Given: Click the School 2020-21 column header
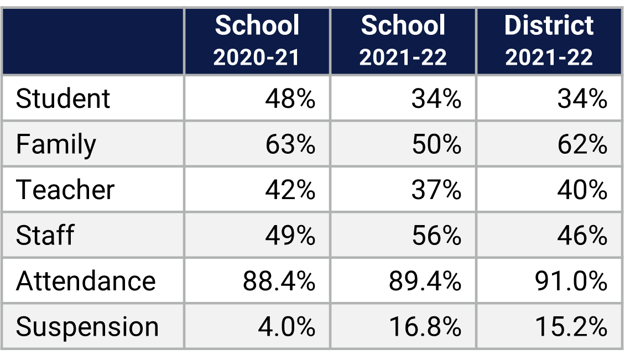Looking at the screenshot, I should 257,41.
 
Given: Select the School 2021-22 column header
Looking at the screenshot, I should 403,41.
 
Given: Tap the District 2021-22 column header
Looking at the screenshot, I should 549,41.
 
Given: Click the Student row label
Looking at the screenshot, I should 63,99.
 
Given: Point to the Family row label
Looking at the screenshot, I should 56,144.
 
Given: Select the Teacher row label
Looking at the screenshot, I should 65,190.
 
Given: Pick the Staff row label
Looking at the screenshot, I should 45,235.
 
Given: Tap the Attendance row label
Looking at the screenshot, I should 86,280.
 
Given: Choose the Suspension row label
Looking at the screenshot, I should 87,326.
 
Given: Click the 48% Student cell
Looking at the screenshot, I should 290,99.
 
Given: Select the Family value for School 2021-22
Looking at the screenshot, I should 436,144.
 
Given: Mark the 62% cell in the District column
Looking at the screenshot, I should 582,144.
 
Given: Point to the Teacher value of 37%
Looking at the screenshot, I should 436,190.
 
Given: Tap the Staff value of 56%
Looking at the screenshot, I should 436,235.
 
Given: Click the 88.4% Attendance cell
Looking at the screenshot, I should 279,280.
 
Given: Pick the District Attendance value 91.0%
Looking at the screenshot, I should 571,280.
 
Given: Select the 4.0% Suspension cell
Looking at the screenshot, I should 287,326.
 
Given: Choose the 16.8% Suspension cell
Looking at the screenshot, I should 425,326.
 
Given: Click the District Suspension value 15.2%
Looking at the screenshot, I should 571,326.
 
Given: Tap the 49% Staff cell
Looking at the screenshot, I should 290,235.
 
